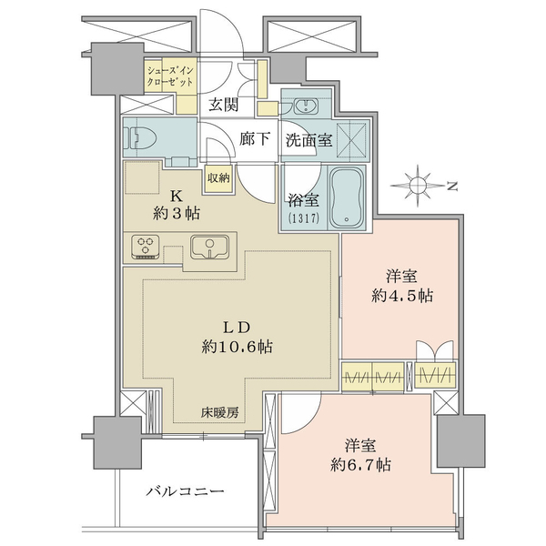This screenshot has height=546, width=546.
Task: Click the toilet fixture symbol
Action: tap(141, 138)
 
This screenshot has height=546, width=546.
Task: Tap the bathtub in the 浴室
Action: tap(347, 197)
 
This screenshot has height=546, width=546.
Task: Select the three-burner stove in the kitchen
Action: tap(146, 248)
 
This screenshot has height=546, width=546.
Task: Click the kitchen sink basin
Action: tap(209, 247)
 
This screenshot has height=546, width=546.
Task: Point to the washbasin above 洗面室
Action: tap(306, 106)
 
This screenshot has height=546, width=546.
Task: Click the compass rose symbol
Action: tap(418, 186)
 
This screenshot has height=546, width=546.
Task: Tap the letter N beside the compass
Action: tap(452, 187)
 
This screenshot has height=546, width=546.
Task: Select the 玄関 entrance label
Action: tap(223, 105)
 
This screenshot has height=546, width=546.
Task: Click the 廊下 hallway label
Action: tap(255, 139)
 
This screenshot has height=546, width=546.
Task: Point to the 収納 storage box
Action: tap(218, 178)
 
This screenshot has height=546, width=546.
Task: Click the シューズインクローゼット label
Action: tap(170, 76)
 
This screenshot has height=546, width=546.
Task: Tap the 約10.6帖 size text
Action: tap(238, 347)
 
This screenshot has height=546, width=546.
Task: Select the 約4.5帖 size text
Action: tap(402, 296)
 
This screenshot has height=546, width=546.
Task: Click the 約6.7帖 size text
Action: tap(360, 465)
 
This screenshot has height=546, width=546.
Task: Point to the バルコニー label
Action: tap(185, 491)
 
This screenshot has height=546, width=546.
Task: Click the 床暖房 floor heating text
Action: tap(219, 413)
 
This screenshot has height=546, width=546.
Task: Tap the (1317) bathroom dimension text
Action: tap(304, 218)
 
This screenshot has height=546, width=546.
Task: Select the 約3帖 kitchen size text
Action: tap(177, 213)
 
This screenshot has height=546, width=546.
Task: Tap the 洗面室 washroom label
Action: tap(309, 140)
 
